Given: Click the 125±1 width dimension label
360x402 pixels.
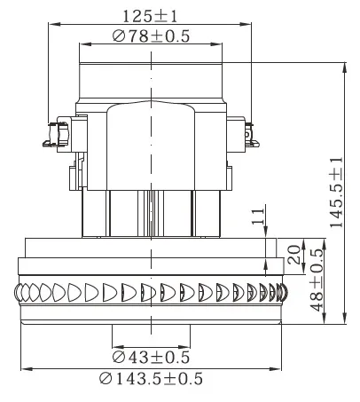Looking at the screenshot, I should point(150,15).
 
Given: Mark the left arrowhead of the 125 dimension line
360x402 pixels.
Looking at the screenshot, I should point(49,25).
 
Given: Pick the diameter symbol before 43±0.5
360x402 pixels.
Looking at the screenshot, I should point(119,357).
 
